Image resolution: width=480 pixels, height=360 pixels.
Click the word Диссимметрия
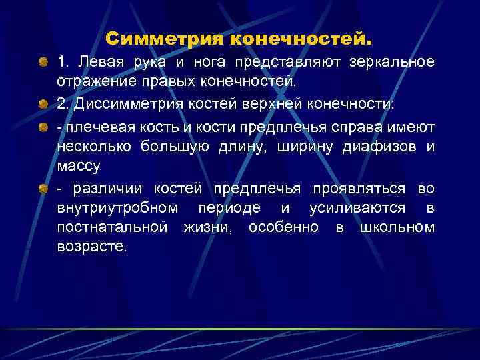click(x=119, y=103)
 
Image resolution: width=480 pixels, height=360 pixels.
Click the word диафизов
click(x=381, y=145)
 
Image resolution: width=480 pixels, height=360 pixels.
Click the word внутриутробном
click(x=118, y=208)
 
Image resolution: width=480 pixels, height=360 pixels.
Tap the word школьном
click(x=397, y=228)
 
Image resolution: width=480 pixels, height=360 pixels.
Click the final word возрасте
click(x=91, y=247)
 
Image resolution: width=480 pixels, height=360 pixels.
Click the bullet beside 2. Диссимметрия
click(x=43, y=104)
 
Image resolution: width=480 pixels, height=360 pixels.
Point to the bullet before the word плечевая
click(x=43, y=125)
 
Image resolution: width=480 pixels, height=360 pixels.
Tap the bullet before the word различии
click(x=43, y=188)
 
